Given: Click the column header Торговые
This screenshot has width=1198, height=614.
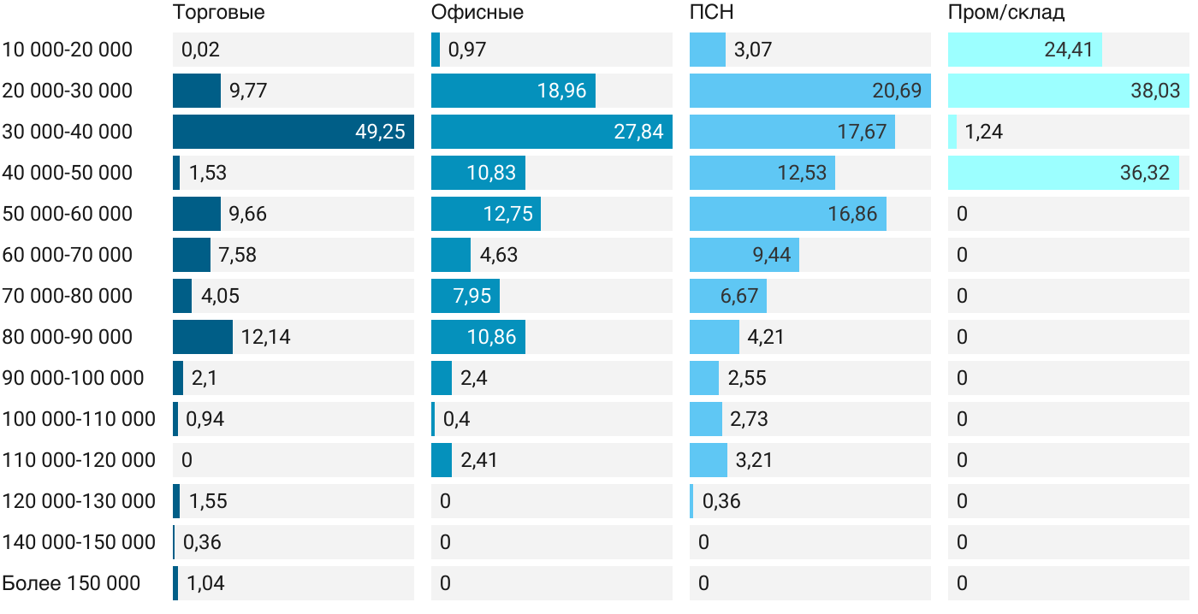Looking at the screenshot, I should coord(219,13).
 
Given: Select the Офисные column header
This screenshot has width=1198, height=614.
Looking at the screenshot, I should coord(477,13).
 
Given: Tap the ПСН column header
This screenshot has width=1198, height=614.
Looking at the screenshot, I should coord(712,13).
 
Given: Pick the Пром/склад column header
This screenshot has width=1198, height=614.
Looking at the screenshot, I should coord(1006,13).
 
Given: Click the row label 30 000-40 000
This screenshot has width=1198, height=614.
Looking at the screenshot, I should coord(68,132).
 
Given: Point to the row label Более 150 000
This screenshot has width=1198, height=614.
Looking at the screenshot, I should coord(71,584).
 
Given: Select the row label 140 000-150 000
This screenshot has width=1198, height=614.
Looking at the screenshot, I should coord(79,542).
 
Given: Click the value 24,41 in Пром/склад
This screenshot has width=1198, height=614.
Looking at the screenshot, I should coord(1068,50).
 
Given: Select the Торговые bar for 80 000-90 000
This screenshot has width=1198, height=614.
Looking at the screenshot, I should coord(203,337).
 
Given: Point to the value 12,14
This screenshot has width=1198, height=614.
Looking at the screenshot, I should coord(265,337).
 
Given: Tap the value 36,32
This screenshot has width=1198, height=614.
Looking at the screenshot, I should coord(1144,173).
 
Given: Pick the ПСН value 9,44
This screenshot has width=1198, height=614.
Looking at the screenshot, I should coord(771,255).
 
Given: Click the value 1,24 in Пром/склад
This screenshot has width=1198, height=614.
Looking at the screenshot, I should coord(984,132).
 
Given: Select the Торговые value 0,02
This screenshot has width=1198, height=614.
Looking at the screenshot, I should coord(200,50).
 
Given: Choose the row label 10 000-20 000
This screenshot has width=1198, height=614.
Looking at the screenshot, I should coord(68,50).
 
